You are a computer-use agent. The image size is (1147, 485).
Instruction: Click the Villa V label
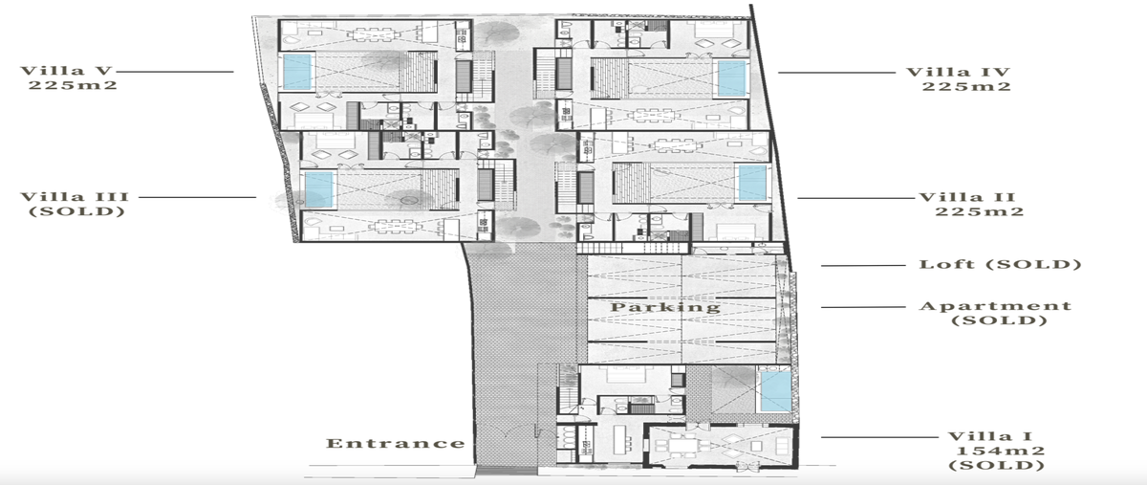pos(66,71)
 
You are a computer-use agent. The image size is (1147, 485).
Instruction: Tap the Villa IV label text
pos(958,72)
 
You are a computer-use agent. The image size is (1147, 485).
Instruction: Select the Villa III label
pos(75,197)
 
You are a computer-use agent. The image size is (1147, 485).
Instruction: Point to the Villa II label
pos(967,197)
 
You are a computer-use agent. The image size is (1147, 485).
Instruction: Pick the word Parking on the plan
pos(665,307)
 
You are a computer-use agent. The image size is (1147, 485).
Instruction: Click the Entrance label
pos(396,443)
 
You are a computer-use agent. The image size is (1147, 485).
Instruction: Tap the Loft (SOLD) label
pos(1000,265)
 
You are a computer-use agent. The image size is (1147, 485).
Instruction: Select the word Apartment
pos(995,306)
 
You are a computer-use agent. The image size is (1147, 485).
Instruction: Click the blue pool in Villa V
pos(297,72)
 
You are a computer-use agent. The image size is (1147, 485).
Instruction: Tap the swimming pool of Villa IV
pos(732,78)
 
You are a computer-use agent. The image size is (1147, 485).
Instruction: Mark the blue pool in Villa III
pos(319,189)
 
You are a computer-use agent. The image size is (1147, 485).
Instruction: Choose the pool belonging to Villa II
pos(753,183)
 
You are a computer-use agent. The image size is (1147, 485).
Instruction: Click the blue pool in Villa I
pos(776,391)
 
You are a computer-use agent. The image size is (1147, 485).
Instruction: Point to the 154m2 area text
pos(1000,452)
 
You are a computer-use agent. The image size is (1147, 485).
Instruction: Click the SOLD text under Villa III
pos(76,211)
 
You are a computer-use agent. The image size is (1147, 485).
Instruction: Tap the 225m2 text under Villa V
pos(73,85)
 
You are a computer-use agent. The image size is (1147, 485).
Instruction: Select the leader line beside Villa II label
pos(856,198)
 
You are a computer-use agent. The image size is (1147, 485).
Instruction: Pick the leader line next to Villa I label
pos(879,437)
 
